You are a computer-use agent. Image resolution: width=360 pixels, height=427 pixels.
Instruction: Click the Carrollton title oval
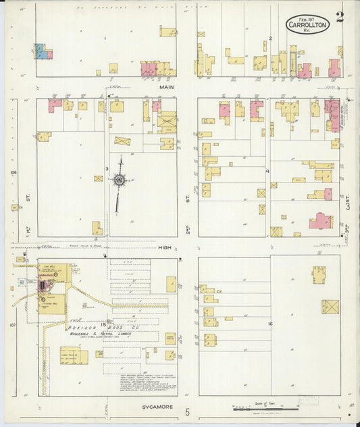(x=307, y=25)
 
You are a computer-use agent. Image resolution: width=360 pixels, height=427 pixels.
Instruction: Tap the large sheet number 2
(x=339, y=17)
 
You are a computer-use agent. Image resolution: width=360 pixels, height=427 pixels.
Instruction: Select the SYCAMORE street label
(x=159, y=407)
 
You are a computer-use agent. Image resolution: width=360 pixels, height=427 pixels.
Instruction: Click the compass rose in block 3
(x=120, y=180)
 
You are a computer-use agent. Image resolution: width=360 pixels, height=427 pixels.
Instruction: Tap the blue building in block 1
(x=40, y=52)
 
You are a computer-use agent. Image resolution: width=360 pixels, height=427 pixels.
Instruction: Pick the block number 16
(x=269, y=325)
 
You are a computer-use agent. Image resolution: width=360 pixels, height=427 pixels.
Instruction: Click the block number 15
(x=103, y=324)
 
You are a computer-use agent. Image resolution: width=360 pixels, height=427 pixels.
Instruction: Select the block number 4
(x=268, y=171)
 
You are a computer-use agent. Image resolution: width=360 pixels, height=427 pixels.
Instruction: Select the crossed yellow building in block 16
(x=330, y=307)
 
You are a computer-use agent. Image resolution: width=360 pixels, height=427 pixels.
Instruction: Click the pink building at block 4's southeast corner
(x=321, y=221)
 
